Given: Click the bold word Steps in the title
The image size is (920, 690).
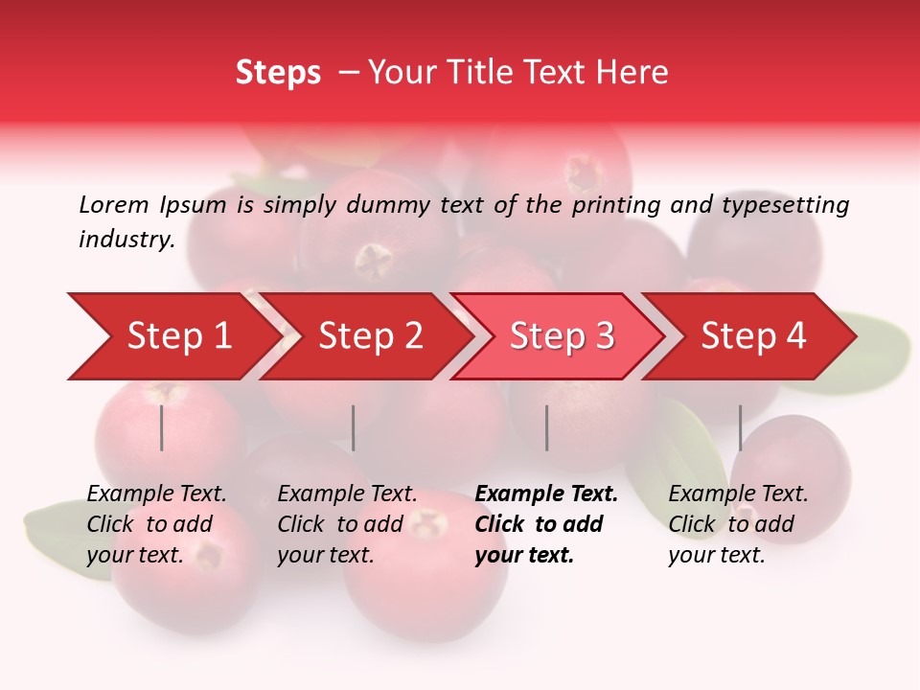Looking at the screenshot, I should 278,73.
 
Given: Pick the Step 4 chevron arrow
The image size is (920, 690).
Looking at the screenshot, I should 753,336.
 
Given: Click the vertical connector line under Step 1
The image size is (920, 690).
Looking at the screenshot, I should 162,427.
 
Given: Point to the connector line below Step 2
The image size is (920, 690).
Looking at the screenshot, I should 354,427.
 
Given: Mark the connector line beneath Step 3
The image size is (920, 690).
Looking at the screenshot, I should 546,427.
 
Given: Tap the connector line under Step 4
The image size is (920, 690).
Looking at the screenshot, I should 740,427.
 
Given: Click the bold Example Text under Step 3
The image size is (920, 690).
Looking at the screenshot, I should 546,494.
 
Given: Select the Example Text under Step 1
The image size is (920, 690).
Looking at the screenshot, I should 156,494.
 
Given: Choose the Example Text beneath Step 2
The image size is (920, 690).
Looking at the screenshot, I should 347,494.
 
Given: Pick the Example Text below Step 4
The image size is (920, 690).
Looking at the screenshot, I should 738,494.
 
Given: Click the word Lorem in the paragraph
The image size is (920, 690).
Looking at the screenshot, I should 113,205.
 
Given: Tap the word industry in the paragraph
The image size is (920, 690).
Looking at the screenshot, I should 126,240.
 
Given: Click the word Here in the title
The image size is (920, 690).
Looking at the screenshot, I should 636,73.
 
